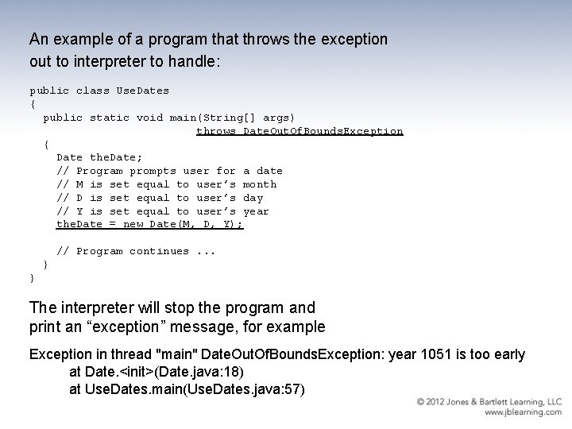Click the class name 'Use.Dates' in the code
143,91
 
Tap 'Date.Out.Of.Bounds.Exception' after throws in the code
323,131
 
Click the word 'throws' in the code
216,131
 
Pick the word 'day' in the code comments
253,198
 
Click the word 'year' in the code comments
256,211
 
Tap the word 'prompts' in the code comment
153,171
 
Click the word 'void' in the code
149,118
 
